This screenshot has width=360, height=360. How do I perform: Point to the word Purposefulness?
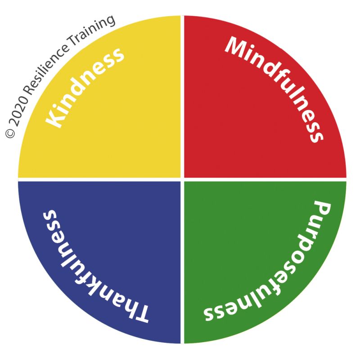click(x=268, y=261)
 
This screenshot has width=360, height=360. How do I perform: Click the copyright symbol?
click(x=10, y=133)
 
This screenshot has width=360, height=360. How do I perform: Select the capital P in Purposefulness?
click(x=321, y=210)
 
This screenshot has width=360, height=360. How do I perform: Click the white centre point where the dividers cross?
click(x=182, y=179)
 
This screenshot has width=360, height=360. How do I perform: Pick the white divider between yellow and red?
click(x=182, y=97)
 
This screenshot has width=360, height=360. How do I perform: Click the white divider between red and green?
click(x=265, y=179)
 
